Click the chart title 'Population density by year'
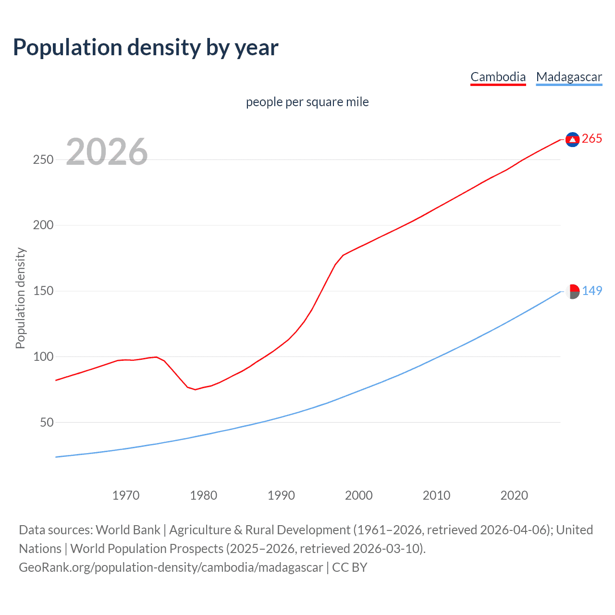coord(146,48)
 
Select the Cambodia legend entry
coord(498,77)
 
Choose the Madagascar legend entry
coord(569,77)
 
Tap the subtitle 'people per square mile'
coord(307,102)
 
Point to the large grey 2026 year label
coord(107,152)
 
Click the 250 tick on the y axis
coord(43,160)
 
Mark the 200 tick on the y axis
coord(43,225)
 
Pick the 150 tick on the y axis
coord(43,291)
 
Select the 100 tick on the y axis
coord(43,357)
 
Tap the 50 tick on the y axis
coord(47,423)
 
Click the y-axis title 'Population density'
coord(20,298)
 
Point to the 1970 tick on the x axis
coord(126,495)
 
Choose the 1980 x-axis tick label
coord(204,495)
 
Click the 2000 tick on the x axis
coord(359,495)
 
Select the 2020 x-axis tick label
coord(514,495)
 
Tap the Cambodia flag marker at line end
coord(572,139)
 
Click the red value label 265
coord(592,139)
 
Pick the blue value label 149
coord(592,291)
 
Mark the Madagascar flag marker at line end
coord(572,291)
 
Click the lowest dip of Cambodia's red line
coord(195,389)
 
